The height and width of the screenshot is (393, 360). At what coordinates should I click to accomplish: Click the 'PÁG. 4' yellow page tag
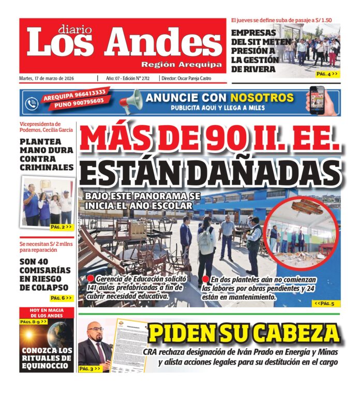[x=327, y=74]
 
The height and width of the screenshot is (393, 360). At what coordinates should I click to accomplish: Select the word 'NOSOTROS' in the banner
[x=262, y=98]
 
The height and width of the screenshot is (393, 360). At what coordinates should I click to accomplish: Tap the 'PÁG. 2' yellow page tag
[x=61, y=227]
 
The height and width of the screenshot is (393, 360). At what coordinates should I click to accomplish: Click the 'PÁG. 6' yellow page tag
[x=61, y=298]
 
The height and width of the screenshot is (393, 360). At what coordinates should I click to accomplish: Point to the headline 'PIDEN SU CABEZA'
[x=243, y=334]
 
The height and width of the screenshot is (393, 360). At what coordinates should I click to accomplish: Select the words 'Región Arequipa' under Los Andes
[x=182, y=65]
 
